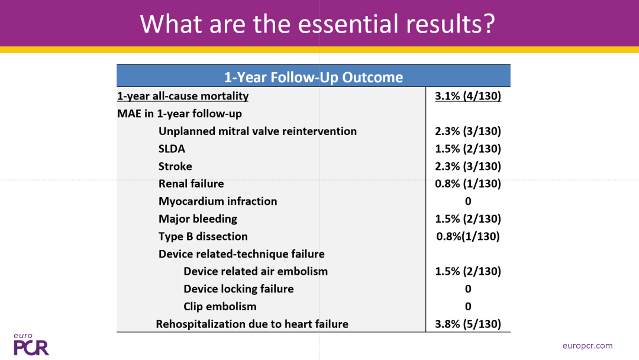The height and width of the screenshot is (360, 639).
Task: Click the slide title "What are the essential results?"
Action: pos(318,24)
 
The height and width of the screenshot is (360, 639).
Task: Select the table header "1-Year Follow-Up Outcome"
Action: pos(314,77)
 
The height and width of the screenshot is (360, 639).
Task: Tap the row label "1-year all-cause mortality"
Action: pos(183,96)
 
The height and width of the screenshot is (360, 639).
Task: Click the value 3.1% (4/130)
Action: pos(468,96)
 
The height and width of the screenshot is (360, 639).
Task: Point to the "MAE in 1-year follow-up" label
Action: pos(179,113)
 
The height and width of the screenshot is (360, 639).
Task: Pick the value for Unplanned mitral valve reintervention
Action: pos(468,131)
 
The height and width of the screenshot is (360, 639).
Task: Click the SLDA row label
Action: pos(172,149)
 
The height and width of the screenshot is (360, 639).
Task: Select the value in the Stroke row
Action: pos(468,166)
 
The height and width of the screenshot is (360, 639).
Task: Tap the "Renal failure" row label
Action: pos(191,184)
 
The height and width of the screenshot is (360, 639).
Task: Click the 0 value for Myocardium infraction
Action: pos(468,201)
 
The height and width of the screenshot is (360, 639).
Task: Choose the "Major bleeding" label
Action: pos(198,218)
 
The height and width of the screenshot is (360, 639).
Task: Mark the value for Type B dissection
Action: pos(468,236)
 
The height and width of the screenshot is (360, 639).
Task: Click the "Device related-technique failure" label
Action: pos(241,253)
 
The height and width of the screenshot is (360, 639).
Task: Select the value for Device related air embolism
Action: pos(468,271)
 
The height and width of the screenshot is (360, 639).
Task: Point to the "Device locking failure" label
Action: pos(238,289)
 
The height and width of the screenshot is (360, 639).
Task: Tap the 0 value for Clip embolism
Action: pos(468,306)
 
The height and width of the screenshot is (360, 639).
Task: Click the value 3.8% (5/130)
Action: pos(468,324)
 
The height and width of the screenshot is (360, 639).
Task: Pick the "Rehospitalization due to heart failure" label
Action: pos(252,324)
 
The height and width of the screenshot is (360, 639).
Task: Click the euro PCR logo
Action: pos(31,345)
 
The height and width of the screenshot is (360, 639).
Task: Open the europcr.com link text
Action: pos(588,346)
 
